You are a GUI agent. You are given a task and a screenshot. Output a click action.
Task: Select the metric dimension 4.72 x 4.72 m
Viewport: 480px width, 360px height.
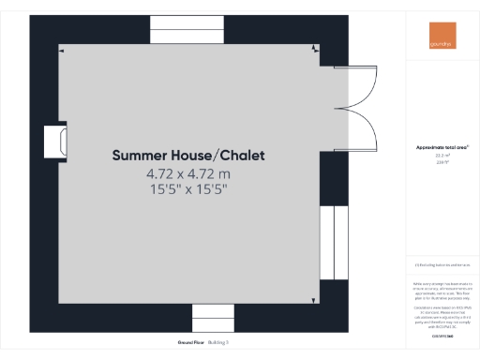pos(187,173)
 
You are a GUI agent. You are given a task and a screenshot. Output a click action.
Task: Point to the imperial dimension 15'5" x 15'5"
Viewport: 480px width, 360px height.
pos(187,188)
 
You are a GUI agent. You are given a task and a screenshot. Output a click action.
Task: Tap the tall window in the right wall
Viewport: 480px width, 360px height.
pos(327,242)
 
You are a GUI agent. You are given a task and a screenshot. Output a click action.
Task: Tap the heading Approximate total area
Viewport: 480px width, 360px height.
pos(442,148)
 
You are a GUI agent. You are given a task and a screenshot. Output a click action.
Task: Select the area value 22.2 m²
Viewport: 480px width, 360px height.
pos(442,156)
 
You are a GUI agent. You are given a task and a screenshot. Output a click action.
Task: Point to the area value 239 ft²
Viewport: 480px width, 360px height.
pos(442,162)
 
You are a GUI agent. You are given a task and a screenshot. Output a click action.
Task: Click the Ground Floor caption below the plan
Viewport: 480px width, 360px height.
pos(177,342)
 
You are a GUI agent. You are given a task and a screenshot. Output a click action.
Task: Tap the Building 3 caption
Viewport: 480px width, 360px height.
pos(217,342)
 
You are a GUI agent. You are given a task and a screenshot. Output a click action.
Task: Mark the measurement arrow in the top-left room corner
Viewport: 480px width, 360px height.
pos(62,51)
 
